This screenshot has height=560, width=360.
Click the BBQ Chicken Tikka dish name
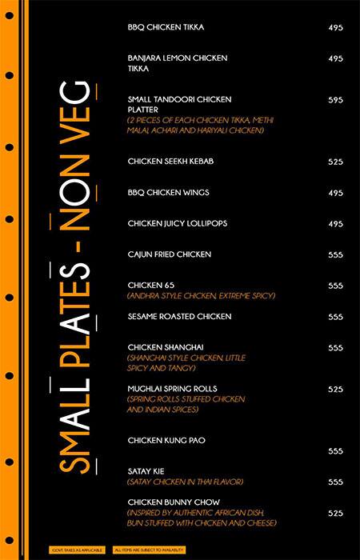(x=166, y=27)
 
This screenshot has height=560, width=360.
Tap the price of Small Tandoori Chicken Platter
(x=335, y=100)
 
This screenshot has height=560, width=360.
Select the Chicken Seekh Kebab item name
(x=170, y=162)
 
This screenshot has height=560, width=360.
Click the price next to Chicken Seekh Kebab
(x=335, y=162)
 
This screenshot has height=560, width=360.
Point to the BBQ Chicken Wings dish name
(x=168, y=193)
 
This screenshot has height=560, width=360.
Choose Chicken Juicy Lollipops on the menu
(x=177, y=223)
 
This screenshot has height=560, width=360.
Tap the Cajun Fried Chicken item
(x=170, y=254)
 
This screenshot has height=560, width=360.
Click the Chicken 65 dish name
(x=150, y=286)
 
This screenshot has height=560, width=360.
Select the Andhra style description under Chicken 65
(x=201, y=296)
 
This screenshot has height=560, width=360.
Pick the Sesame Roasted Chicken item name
(x=179, y=317)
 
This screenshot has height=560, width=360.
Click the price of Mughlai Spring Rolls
(x=335, y=389)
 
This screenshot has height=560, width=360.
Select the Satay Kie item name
(x=146, y=471)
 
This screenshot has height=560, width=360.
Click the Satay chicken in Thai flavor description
(x=185, y=482)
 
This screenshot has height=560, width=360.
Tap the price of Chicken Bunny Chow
(x=335, y=513)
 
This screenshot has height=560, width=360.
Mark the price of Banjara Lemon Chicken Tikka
(x=335, y=58)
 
